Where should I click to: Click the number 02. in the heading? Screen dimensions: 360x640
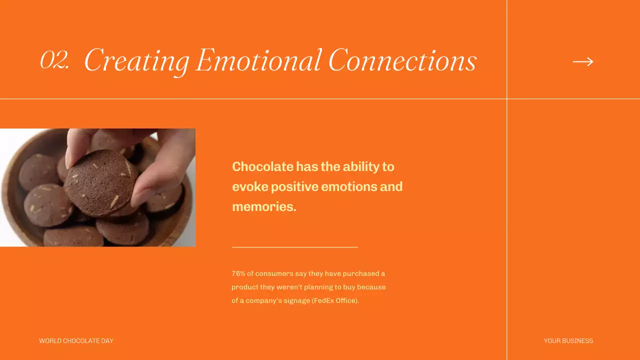(x=54, y=60)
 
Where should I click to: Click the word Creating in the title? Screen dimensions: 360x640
(x=136, y=61)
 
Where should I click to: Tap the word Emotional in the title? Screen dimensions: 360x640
(x=258, y=60)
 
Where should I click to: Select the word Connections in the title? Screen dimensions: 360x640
(x=402, y=61)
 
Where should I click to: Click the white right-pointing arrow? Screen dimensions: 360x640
(x=583, y=61)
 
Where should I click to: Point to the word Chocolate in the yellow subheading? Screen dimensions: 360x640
(x=262, y=166)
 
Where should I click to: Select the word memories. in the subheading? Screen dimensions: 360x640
(x=264, y=206)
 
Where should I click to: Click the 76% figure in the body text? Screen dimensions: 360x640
(x=238, y=273)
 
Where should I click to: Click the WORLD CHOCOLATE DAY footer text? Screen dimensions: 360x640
(x=76, y=341)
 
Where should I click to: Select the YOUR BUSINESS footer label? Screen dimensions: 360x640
(x=568, y=341)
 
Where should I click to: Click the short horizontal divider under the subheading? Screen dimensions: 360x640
(x=294, y=247)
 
